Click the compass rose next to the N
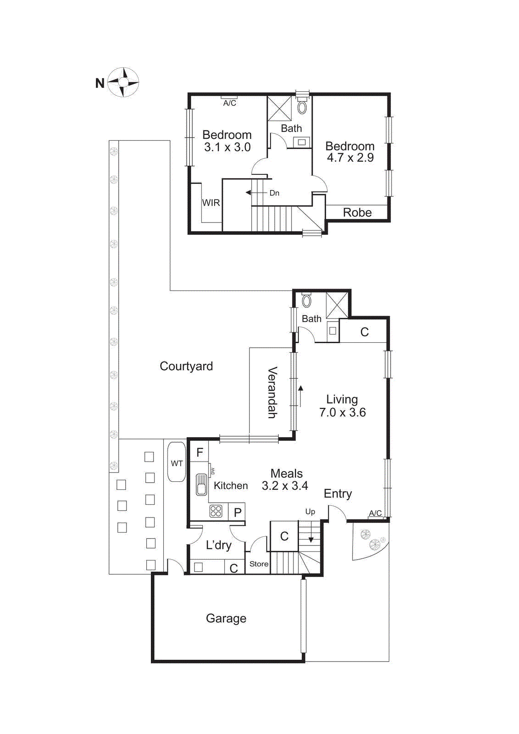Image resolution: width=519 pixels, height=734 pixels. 123,82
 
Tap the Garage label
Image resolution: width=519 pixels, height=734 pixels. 226,618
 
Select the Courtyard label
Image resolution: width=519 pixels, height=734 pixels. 186,366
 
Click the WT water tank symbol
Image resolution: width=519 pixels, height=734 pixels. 177,462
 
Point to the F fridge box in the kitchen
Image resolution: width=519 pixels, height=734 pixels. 199,452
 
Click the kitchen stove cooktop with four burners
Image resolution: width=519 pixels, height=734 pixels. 216,511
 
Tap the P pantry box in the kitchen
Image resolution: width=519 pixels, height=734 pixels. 237,512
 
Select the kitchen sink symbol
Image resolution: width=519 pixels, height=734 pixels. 201,484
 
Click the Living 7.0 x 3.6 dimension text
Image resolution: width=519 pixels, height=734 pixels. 342,412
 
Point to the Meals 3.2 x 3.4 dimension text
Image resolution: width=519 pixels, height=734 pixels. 285,486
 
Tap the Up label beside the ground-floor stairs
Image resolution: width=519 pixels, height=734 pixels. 310,512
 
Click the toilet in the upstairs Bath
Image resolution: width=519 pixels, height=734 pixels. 302,107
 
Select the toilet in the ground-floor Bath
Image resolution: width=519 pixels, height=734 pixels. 306,301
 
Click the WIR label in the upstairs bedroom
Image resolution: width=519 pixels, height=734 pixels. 211,203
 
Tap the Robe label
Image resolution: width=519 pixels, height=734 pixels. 357,212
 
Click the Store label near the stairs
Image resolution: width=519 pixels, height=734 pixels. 259,564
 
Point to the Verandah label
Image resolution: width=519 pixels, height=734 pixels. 272,392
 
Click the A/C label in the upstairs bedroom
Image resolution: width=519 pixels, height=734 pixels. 230,103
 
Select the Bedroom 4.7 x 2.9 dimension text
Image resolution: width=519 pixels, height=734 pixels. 350,158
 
